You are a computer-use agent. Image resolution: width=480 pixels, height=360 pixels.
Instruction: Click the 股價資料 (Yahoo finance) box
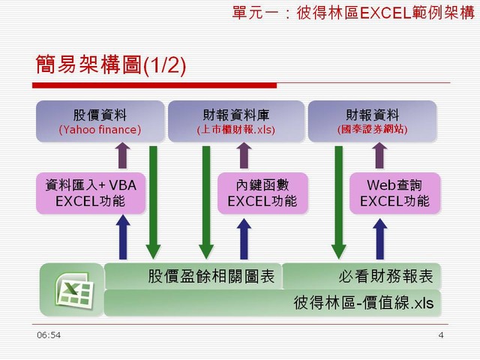pos(100,121)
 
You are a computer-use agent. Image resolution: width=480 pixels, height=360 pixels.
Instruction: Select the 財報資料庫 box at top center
pos(236,121)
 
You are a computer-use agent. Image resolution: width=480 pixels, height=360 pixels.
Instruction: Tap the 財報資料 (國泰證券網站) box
pos(372,121)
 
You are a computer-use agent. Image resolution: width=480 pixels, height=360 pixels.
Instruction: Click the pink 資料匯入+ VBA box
pos(91,193)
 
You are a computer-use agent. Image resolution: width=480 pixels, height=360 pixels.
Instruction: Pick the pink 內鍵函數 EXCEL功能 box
pos(262,193)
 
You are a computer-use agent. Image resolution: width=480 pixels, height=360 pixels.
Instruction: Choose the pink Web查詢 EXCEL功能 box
pos(394,193)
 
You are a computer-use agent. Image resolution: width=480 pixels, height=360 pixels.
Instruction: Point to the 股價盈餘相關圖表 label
pos(211,276)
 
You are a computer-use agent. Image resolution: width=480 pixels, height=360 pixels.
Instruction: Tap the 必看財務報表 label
pos(385,276)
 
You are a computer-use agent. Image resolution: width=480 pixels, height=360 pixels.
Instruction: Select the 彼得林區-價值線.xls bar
pos(272,303)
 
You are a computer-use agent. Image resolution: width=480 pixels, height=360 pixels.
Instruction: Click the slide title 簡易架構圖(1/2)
pos(111,64)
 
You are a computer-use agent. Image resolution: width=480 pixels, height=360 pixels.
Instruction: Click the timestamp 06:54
pos(49,335)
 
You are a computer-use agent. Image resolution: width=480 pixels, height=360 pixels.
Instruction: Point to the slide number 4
pos(441,335)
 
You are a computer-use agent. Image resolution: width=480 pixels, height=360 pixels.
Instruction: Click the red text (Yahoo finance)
pos(100,130)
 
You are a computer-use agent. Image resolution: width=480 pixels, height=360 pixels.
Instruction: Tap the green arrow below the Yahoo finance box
pos(153,202)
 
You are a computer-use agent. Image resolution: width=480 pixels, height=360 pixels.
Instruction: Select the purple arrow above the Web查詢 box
pos(379,155)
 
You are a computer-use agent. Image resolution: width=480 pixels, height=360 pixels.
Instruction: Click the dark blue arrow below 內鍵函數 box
pos(244,238)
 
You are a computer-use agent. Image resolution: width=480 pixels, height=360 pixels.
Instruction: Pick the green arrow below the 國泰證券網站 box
pos(339,202)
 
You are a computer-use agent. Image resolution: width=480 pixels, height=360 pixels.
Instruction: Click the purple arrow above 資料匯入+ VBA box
pos(122,155)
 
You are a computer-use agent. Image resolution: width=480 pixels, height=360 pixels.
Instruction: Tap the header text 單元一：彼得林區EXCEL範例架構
pos(353,13)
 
